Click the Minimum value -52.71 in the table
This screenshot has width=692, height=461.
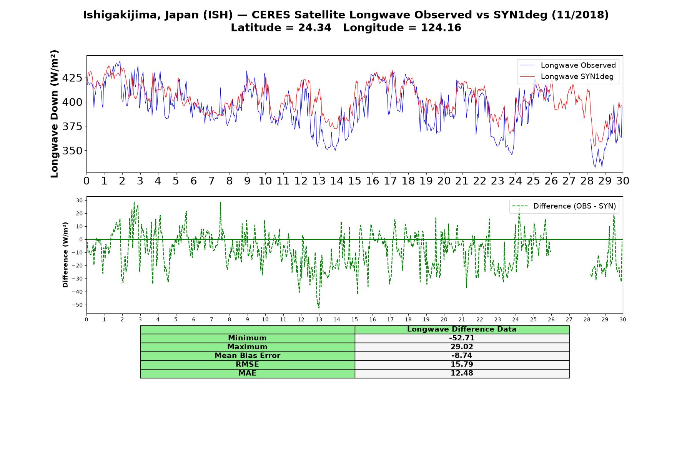[462, 338]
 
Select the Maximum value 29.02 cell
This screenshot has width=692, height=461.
[462, 347]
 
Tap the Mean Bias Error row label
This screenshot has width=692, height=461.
[247, 356]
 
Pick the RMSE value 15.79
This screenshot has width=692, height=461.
[462, 365]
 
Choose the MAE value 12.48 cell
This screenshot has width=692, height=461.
[462, 373]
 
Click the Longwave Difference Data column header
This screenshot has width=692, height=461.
[462, 329]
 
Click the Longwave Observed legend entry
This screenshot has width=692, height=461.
[567, 65]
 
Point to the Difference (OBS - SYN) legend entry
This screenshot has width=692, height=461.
[564, 206]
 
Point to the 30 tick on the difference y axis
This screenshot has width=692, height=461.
[80, 201]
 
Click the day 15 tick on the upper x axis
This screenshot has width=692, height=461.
[354, 181]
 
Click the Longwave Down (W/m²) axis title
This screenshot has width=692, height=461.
[54, 114]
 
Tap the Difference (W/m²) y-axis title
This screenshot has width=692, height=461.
[65, 255]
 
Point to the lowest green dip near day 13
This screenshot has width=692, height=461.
[319, 308]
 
